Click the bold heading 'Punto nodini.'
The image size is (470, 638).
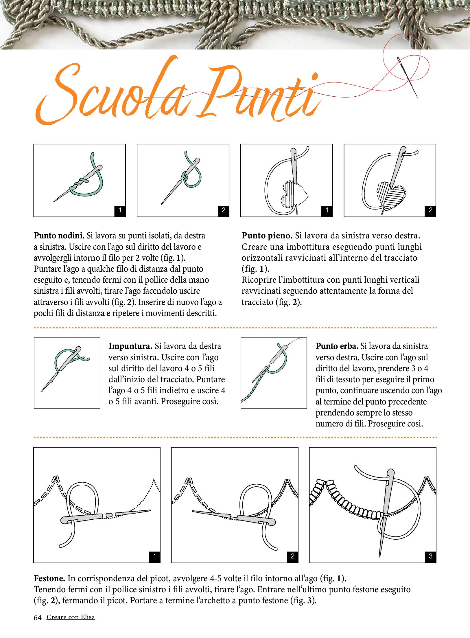click(x=59, y=236)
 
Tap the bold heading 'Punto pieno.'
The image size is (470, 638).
click(x=267, y=236)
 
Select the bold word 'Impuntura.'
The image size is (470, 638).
click(x=130, y=346)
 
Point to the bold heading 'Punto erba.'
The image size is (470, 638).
click(x=337, y=346)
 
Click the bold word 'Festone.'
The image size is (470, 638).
click(x=49, y=578)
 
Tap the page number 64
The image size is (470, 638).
click(x=38, y=617)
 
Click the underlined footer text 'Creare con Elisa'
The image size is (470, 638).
click(x=71, y=617)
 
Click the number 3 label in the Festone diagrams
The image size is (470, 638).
click(x=430, y=556)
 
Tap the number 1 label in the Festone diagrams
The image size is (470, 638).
click(x=154, y=556)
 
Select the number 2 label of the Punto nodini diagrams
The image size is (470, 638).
click(x=223, y=210)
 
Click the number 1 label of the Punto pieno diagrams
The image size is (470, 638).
click(x=327, y=210)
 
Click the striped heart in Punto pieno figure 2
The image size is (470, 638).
click(x=392, y=194)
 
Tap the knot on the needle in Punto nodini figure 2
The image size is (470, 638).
click(x=184, y=176)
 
